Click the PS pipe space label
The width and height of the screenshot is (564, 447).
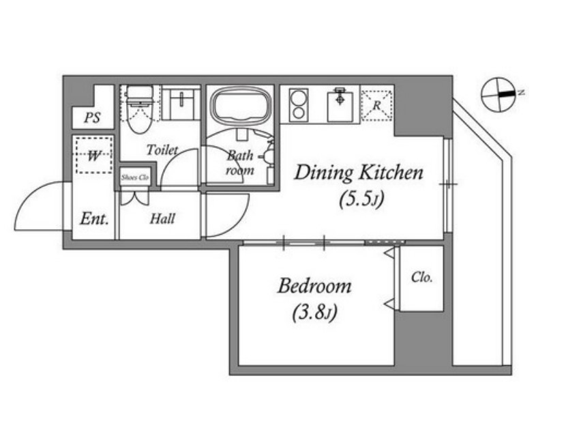(x=92, y=117)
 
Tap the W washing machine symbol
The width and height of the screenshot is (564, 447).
(x=94, y=155)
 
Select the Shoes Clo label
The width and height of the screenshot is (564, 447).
(x=135, y=177)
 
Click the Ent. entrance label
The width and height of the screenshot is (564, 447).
(x=94, y=218)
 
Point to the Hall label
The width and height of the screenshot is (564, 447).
(x=162, y=218)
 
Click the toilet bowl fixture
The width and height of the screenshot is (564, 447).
(x=139, y=109)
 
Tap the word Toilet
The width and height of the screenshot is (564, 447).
(x=162, y=149)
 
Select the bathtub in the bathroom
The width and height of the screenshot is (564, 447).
(x=241, y=106)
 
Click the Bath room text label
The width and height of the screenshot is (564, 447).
(x=240, y=162)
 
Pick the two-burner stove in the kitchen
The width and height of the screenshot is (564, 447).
(x=299, y=104)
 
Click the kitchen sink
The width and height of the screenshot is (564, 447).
(x=340, y=104)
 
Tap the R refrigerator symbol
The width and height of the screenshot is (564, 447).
(x=376, y=105)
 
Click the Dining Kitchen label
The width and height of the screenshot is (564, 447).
(x=359, y=173)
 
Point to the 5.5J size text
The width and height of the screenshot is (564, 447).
(x=361, y=199)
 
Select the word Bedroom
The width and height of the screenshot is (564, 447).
(x=314, y=286)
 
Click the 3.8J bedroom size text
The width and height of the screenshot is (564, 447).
(x=314, y=313)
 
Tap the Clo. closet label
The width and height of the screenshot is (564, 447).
(x=422, y=278)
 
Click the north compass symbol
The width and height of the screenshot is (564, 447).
(x=499, y=94)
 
